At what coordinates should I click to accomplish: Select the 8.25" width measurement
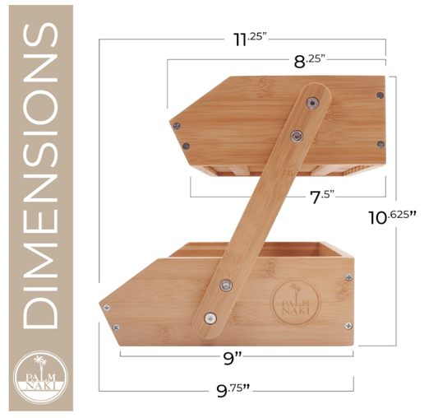pyautogui.click(x=310, y=60)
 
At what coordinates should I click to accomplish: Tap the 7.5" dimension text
pyautogui.click(x=322, y=197)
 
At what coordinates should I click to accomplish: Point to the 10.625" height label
pyautogui.click(x=392, y=217)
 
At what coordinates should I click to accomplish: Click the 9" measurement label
pyautogui.click(x=233, y=358)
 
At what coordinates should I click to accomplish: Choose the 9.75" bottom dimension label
pyautogui.click(x=233, y=390)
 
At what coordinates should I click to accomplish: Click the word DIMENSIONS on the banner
pyautogui.click(x=40, y=175)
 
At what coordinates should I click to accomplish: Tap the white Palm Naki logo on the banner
pyautogui.click(x=41, y=377)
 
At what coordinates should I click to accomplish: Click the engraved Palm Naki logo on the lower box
pyautogui.click(x=295, y=303)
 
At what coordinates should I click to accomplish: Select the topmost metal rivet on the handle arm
pyautogui.click(x=312, y=102)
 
